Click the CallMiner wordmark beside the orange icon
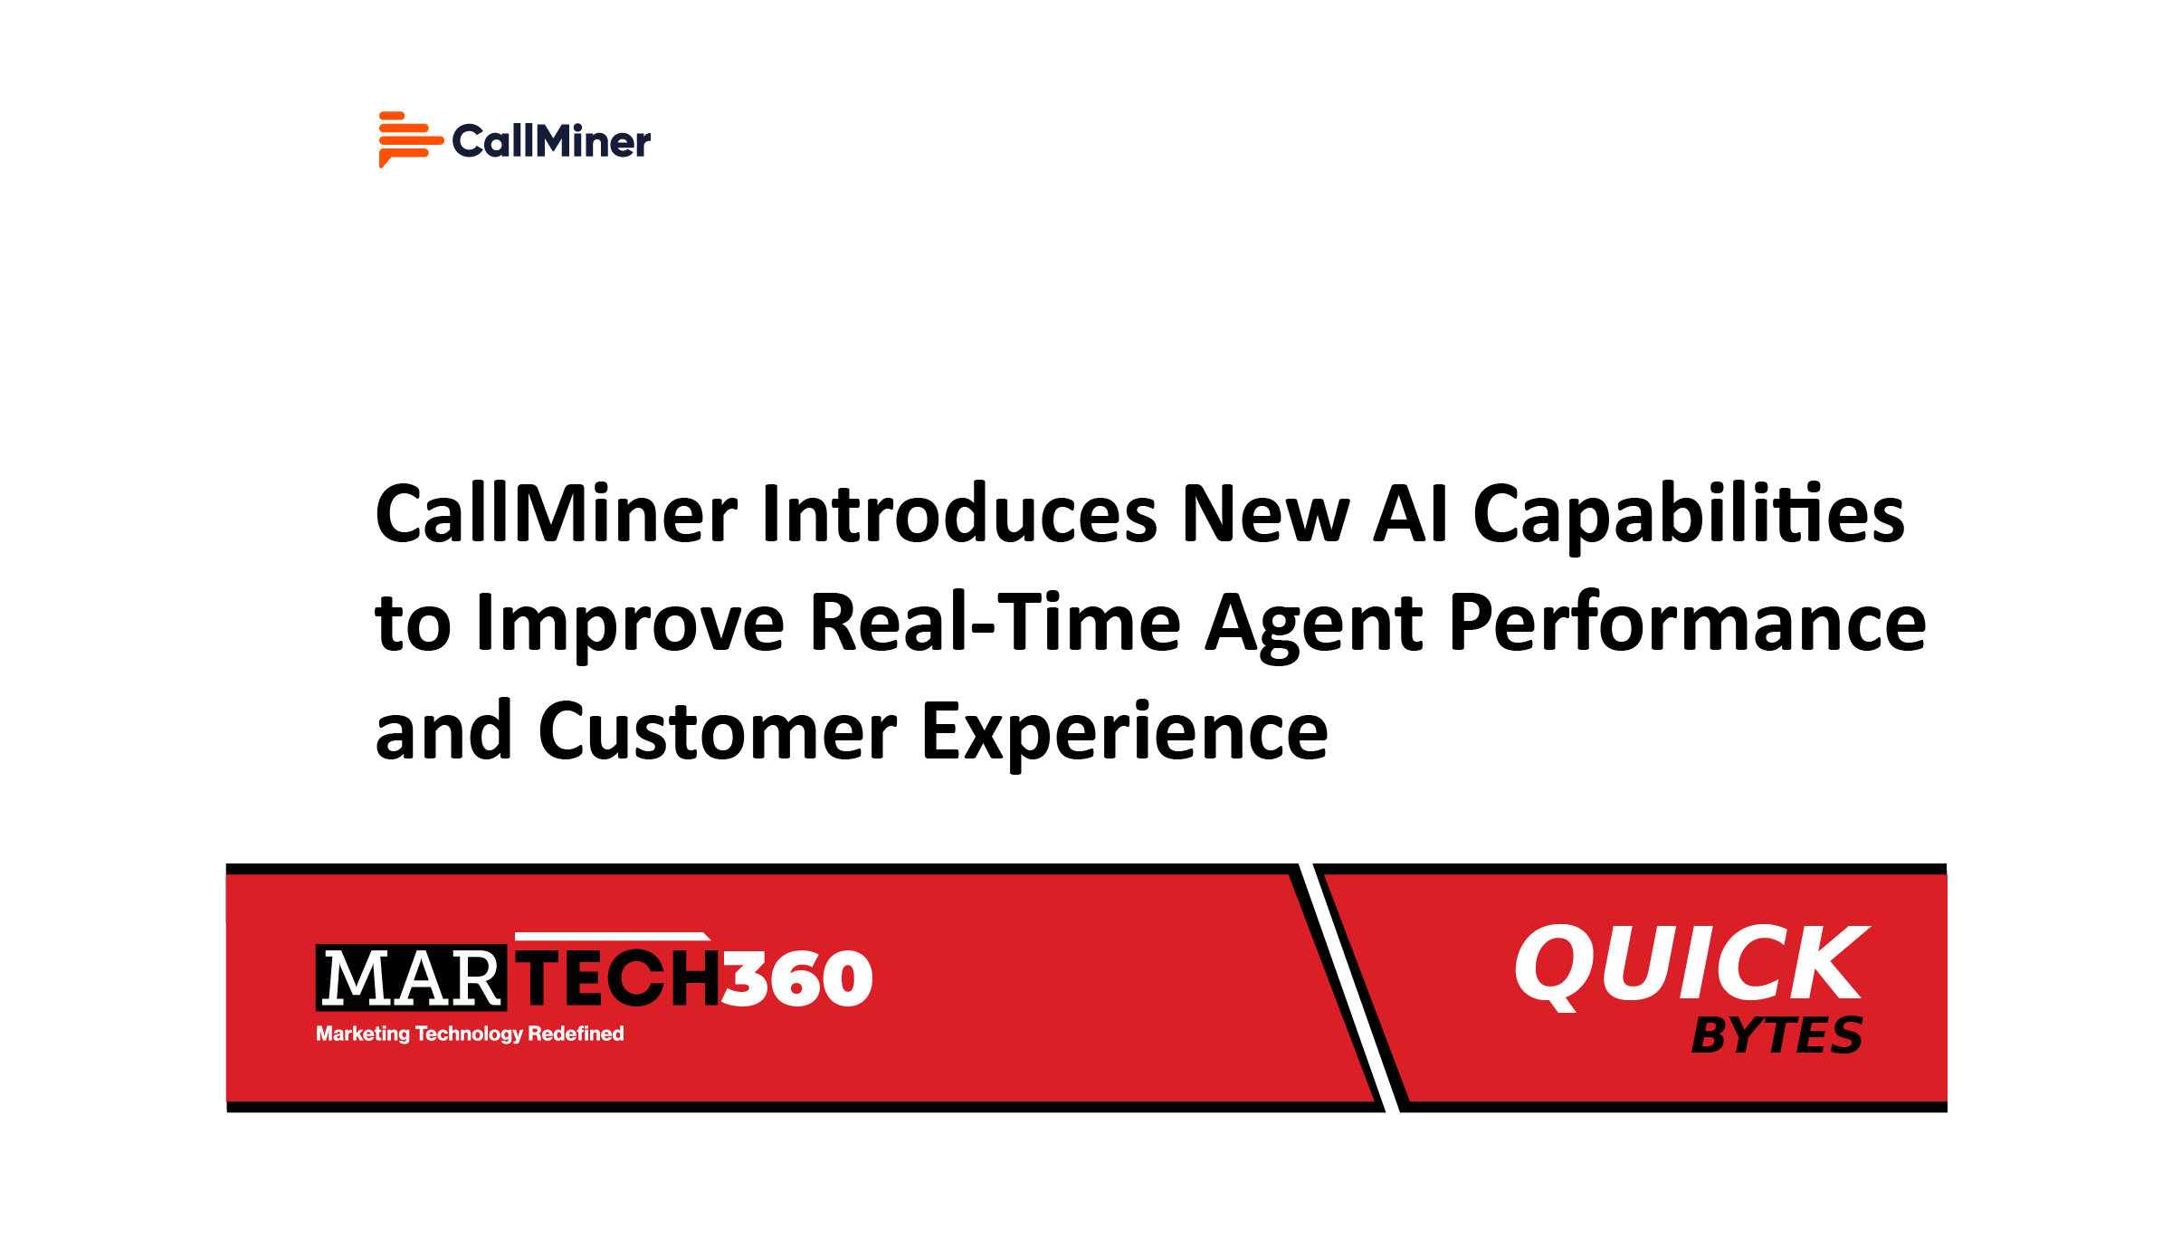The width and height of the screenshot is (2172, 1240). [x=551, y=141]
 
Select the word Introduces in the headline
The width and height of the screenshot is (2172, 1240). [x=959, y=514]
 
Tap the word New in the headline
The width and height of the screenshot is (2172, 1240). [x=1265, y=514]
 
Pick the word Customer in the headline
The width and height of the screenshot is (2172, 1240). [x=717, y=731]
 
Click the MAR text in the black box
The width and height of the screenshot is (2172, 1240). [x=411, y=978]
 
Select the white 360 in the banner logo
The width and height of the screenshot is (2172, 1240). [x=797, y=978]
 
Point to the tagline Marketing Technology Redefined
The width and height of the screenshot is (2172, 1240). [x=470, y=1034]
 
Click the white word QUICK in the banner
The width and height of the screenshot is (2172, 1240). [x=1691, y=965]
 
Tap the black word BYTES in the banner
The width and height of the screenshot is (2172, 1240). [x=1777, y=1035]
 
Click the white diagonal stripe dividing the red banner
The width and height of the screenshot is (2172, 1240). [x=1348, y=987]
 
